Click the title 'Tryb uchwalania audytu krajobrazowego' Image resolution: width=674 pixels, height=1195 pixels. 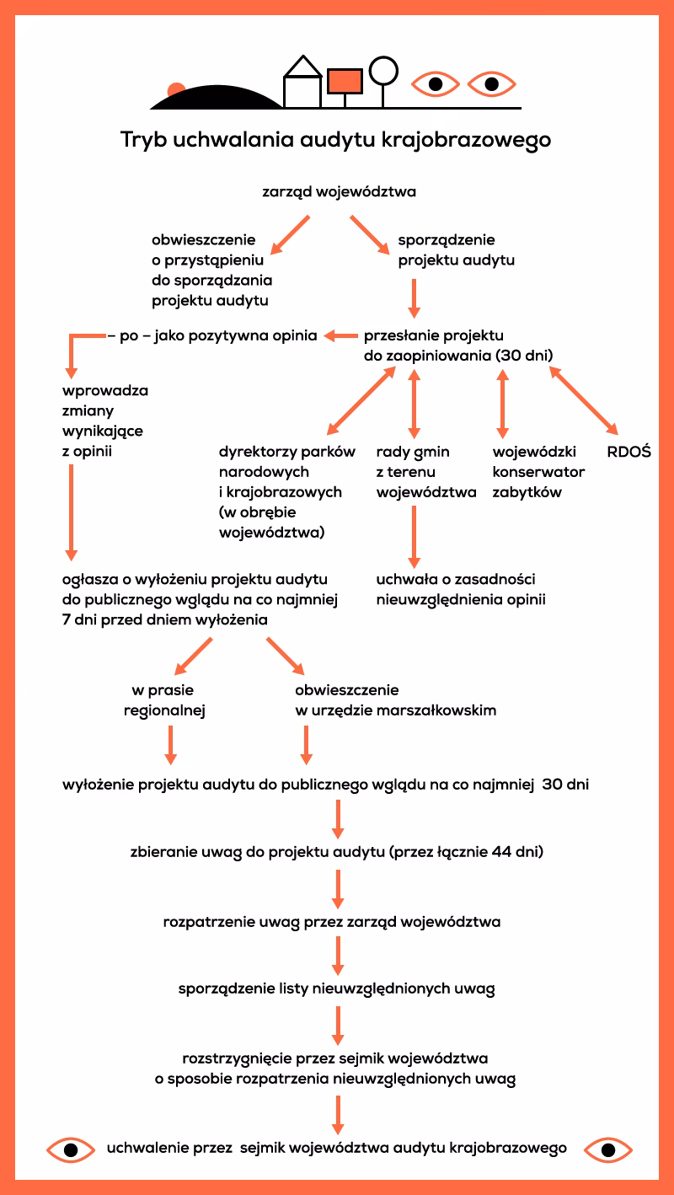tap(335, 140)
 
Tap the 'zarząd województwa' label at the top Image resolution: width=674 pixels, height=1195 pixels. tap(340, 192)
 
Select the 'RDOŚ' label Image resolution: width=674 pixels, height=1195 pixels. tap(629, 452)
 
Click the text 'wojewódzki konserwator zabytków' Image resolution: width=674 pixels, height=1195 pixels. tap(538, 472)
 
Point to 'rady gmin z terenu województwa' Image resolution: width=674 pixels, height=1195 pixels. tap(426, 472)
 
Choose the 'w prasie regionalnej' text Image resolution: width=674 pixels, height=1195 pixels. tap(164, 700)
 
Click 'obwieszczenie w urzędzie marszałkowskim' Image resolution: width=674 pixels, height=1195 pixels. tap(395, 700)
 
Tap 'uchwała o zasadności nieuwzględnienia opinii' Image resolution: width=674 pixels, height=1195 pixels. tap(461, 590)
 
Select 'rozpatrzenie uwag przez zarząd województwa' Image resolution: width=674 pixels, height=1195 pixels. tap(332, 922)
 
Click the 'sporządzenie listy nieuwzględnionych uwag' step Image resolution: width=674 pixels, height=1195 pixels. tap(336, 989)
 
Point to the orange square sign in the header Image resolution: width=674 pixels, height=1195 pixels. tap(344, 81)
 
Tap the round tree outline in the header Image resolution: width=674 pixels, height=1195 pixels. tap(383, 70)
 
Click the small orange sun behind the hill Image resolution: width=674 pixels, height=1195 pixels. tap(176, 89)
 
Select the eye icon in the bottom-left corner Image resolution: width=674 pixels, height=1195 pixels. tap(71, 1149)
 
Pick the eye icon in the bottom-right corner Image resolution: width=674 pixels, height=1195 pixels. tap(607, 1149)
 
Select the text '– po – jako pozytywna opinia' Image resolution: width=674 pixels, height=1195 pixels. tap(212, 336)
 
